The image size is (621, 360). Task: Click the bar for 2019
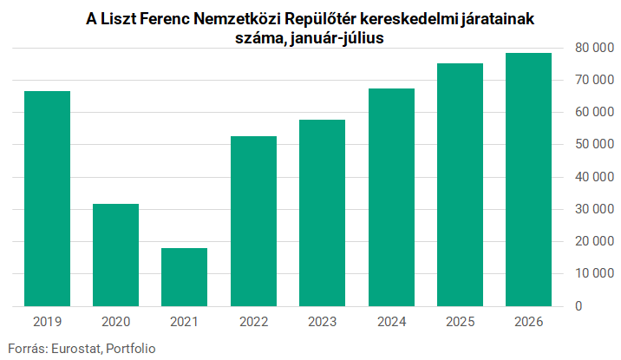coord(47,199)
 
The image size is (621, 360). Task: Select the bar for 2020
coord(115,255)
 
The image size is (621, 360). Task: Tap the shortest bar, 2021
coord(184,278)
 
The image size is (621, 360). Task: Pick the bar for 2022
coord(253,221)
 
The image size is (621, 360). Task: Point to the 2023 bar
coord(322,213)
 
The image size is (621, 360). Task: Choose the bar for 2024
coord(391,197)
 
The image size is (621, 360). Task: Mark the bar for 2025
coord(460,185)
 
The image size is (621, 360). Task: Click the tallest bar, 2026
coord(528,180)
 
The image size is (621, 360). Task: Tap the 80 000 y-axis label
coord(594,48)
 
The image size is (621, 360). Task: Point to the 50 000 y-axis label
coord(594,144)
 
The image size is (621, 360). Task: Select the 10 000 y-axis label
coord(594,273)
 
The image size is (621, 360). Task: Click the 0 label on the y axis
coord(579,306)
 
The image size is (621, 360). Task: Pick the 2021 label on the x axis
coord(184,322)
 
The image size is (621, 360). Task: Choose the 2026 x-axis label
coord(528,322)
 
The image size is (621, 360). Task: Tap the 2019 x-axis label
coord(47,322)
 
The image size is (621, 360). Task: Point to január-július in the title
coord(337,38)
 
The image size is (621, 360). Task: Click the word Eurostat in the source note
coord(77,349)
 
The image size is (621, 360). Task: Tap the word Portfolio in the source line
coord(131,349)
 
